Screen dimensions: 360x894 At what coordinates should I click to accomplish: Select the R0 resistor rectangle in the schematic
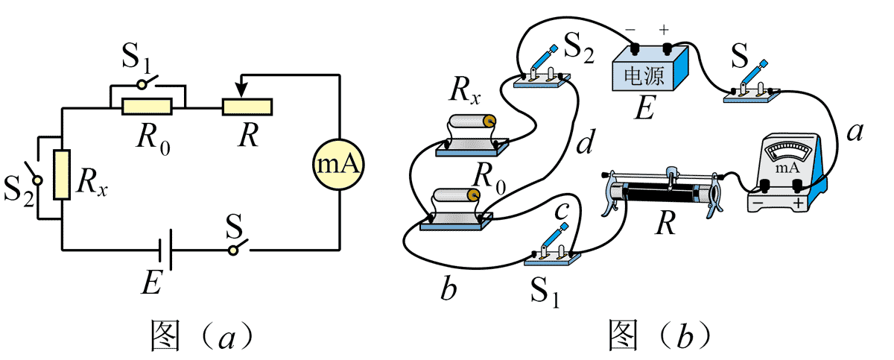(147, 107)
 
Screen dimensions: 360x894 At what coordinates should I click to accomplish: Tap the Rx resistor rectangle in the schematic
(62, 174)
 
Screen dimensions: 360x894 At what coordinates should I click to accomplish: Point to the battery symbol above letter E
(170, 251)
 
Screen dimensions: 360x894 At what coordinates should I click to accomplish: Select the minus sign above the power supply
(630, 31)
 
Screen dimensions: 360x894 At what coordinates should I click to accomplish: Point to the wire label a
(855, 133)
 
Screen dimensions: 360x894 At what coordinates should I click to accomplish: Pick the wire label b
(448, 290)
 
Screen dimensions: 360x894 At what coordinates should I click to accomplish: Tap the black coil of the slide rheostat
(661, 193)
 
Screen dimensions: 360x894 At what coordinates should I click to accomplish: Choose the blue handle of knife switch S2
(548, 57)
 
